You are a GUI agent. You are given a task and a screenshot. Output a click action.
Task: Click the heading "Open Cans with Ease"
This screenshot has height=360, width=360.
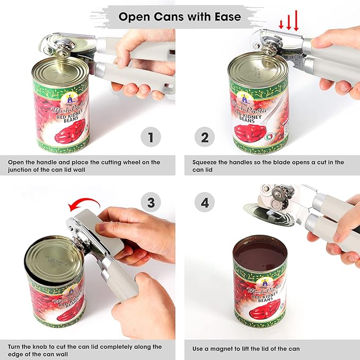(179, 16)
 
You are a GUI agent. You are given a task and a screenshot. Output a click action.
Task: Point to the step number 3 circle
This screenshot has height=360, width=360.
(151, 202)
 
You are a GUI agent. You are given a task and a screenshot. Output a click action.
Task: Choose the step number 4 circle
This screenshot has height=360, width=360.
(205, 202)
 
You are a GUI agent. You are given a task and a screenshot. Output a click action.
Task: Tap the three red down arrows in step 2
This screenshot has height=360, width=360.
(288, 23)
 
